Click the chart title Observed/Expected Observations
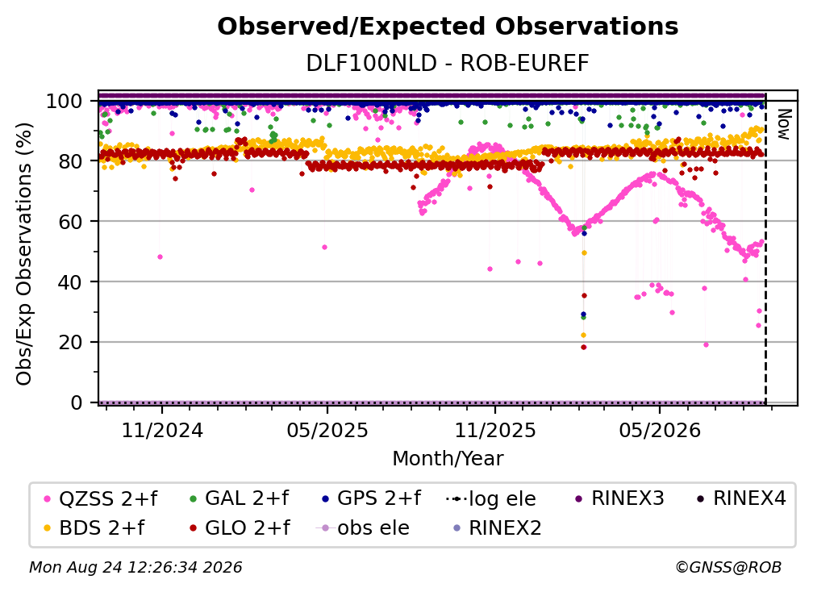click(448, 27)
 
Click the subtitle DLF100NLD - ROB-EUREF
click(448, 64)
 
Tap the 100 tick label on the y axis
click(65, 101)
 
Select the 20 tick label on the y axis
click(70, 342)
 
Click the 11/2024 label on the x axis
click(162, 430)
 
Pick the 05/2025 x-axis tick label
click(327, 430)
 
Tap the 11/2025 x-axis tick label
click(495, 430)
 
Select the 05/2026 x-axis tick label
click(660, 430)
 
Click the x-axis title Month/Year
click(448, 458)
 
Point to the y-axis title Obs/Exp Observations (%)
click(24, 253)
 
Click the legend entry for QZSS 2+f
click(101, 498)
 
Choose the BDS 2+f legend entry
click(94, 527)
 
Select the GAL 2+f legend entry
click(239, 498)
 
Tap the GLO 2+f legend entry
click(240, 527)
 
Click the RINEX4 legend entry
click(741, 498)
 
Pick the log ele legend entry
click(491, 499)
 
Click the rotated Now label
click(783, 124)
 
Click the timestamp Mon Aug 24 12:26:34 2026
click(135, 567)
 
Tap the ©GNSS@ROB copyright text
click(728, 567)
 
